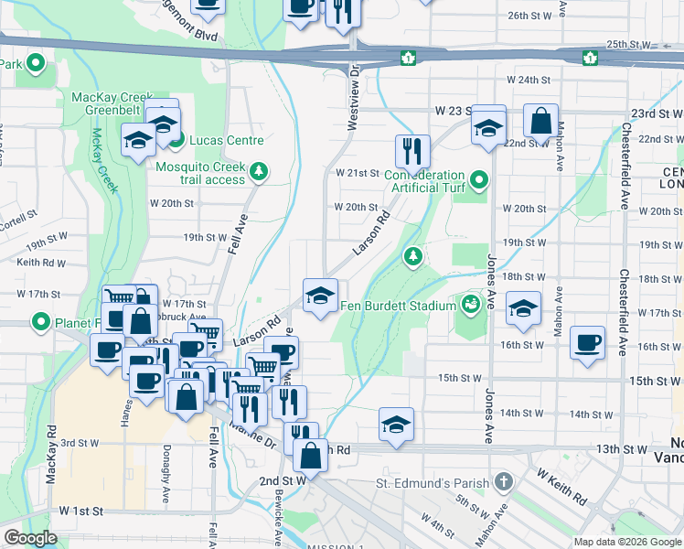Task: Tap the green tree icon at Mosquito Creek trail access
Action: (260, 169)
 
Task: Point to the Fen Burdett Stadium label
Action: (398, 306)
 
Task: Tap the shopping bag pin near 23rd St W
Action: (541, 120)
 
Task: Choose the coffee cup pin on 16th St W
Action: (587, 342)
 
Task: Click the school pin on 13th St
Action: (397, 424)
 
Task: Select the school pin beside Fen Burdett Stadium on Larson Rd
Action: (320, 295)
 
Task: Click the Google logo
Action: (30, 539)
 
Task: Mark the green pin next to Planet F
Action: (40, 322)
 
